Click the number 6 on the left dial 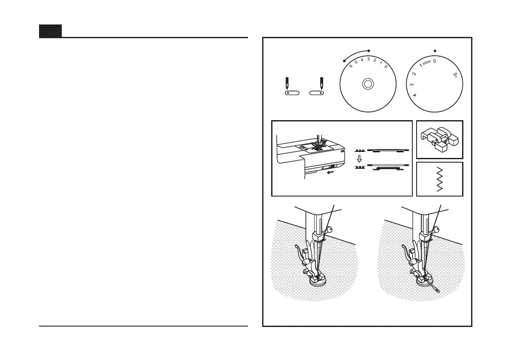pos(351,65)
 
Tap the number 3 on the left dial pos(368,59)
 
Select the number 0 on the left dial pos(386,67)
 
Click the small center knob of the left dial pos(367,84)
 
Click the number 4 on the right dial pos(409,95)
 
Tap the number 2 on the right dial pos(414,74)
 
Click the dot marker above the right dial pos(435,51)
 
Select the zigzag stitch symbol pos(439,179)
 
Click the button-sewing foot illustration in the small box pos(439,139)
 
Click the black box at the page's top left pos(50,31)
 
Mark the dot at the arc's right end pos(369,51)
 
